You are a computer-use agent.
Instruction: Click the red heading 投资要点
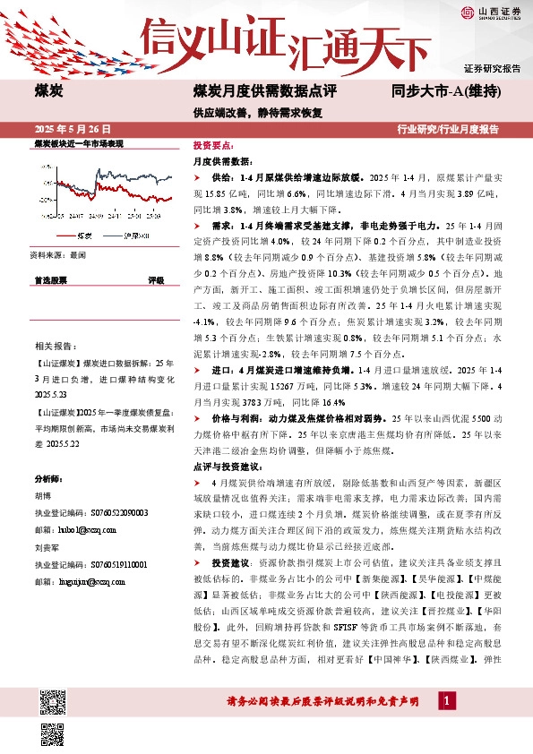pos(213,145)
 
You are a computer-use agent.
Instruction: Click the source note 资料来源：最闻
pos(56,254)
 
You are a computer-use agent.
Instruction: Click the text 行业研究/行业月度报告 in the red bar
pos(448,129)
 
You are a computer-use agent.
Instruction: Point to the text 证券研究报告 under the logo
pos(492,68)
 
